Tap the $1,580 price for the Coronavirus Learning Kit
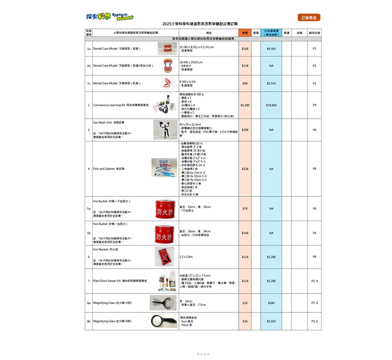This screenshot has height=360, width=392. (x=245, y=105)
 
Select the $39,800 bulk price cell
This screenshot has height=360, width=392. (x=271, y=105)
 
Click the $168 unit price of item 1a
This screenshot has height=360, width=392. (x=245, y=49)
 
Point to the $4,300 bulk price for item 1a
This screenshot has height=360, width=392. (x=271, y=49)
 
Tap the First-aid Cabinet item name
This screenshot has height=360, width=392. (x=106, y=169)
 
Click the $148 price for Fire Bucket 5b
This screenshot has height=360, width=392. (x=245, y=233)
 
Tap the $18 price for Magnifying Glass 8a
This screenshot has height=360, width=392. (x=245, y=303)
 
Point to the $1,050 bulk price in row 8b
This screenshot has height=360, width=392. (x=271, y=321)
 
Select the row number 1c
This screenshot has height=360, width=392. (x=88, y=83)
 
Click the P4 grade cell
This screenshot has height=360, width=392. (x=314, y=105)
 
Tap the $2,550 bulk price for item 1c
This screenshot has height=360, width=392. (x=271, y=83)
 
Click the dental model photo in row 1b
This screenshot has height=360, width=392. (x=164, y=65)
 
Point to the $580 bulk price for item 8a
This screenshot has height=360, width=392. (x=271, y=303)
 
